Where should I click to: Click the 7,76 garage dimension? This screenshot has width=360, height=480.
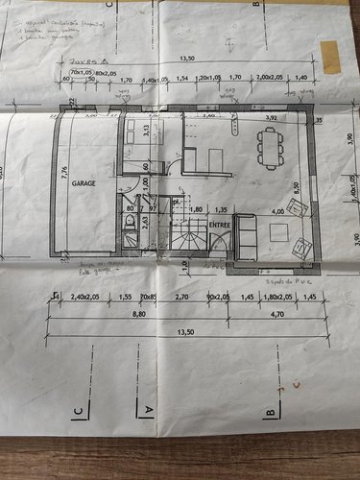pos(64,173)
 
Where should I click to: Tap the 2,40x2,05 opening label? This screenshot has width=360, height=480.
pos(85,298)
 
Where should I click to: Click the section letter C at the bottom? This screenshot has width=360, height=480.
pos(76,415)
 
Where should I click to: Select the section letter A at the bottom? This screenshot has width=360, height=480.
pos(149,408)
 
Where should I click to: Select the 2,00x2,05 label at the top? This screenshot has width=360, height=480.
pos(270,76)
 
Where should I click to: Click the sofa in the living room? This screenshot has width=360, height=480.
pos(245,239)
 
